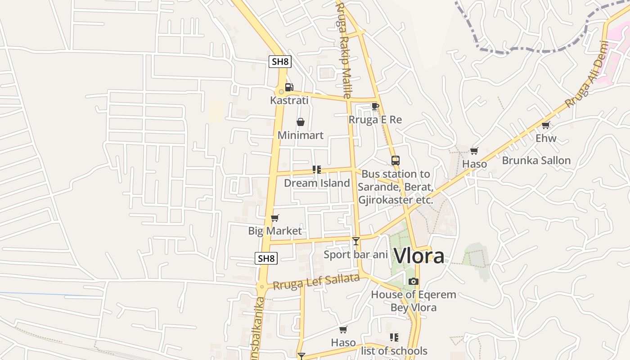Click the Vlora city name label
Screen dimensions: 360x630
419,256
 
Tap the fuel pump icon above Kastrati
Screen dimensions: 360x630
289,87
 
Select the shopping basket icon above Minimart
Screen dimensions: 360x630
301,122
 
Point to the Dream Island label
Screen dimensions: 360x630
317,183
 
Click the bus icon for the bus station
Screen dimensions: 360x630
395,161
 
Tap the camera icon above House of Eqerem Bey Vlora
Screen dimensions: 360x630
414,282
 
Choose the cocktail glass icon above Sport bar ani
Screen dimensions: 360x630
356,241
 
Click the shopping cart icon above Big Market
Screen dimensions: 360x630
275,218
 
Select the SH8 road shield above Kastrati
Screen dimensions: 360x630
280,62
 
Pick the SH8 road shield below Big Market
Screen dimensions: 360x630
266,258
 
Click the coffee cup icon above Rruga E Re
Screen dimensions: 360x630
375,107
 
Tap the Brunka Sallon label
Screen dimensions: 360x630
536,161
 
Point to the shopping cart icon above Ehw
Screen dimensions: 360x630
546,125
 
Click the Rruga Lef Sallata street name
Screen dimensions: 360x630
316,282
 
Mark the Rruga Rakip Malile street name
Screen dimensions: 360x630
343,49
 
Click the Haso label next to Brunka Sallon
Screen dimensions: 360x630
474,164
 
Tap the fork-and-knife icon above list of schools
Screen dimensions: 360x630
394,337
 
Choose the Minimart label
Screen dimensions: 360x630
301,135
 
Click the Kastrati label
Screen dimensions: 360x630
289,100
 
